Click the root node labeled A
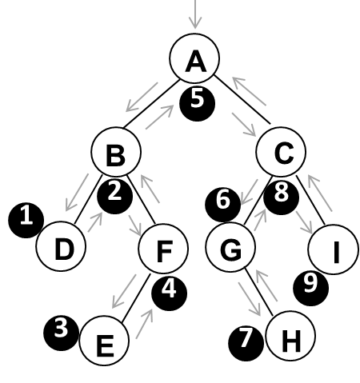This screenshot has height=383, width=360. pyautogui.click(x=194, y=58)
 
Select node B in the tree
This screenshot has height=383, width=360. pyautogui.click(x=116, y=152)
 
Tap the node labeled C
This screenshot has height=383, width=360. pyautogui.click(x=281, y=152)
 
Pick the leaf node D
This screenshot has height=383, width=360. pyautogui.click(x=61, y=246)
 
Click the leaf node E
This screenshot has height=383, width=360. pyautogui.click(x=104, y=341)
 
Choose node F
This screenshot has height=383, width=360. pyautogui.click(x=163, y=249)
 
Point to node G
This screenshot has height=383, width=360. pyautogui.click(x=230, y=247)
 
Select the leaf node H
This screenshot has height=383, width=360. pyautogui.click(x=290, y=336)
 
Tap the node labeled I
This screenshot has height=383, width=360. pyautogui.click(x=333, y=249)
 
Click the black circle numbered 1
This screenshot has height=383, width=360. pyautogui.click(x=26, y=221)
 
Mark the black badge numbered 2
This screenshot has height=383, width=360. pyautogui.click(x=114, y=197)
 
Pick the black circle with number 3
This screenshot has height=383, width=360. pyautogui.click(x=62, y=333)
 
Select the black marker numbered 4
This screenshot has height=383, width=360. pyautogui.click(x=170, y=293)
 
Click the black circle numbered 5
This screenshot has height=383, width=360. pyautogui.click(x=198, y=104)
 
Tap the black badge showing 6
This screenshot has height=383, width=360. pyautogui.click(x=222, y=205)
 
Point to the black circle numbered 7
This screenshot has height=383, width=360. pyautogui.click(x=246, y=344)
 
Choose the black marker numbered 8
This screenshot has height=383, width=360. pyautogui.click(x=282, y=197)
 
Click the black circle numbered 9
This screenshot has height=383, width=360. pyautogui.click(x=311, y=288)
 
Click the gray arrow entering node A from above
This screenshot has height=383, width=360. pyautogui.click(x=195, y=14)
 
